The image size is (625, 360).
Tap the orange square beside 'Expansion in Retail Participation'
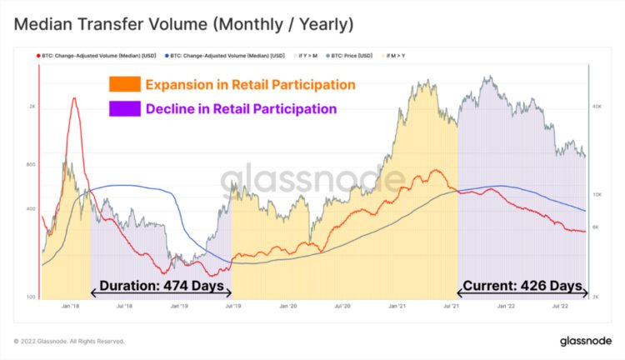[x=123, y=85]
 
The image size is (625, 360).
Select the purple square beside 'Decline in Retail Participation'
[x=123, y=109]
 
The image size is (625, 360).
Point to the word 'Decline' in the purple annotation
[x=168, y=109]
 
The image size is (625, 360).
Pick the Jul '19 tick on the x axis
[x=232, y=306]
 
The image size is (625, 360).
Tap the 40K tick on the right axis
[x=597, y=107]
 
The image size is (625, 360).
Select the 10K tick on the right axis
[x=597, y=192]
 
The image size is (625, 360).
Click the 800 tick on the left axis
[x=31, y=164]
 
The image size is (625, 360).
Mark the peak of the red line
[x=74, y=98]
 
